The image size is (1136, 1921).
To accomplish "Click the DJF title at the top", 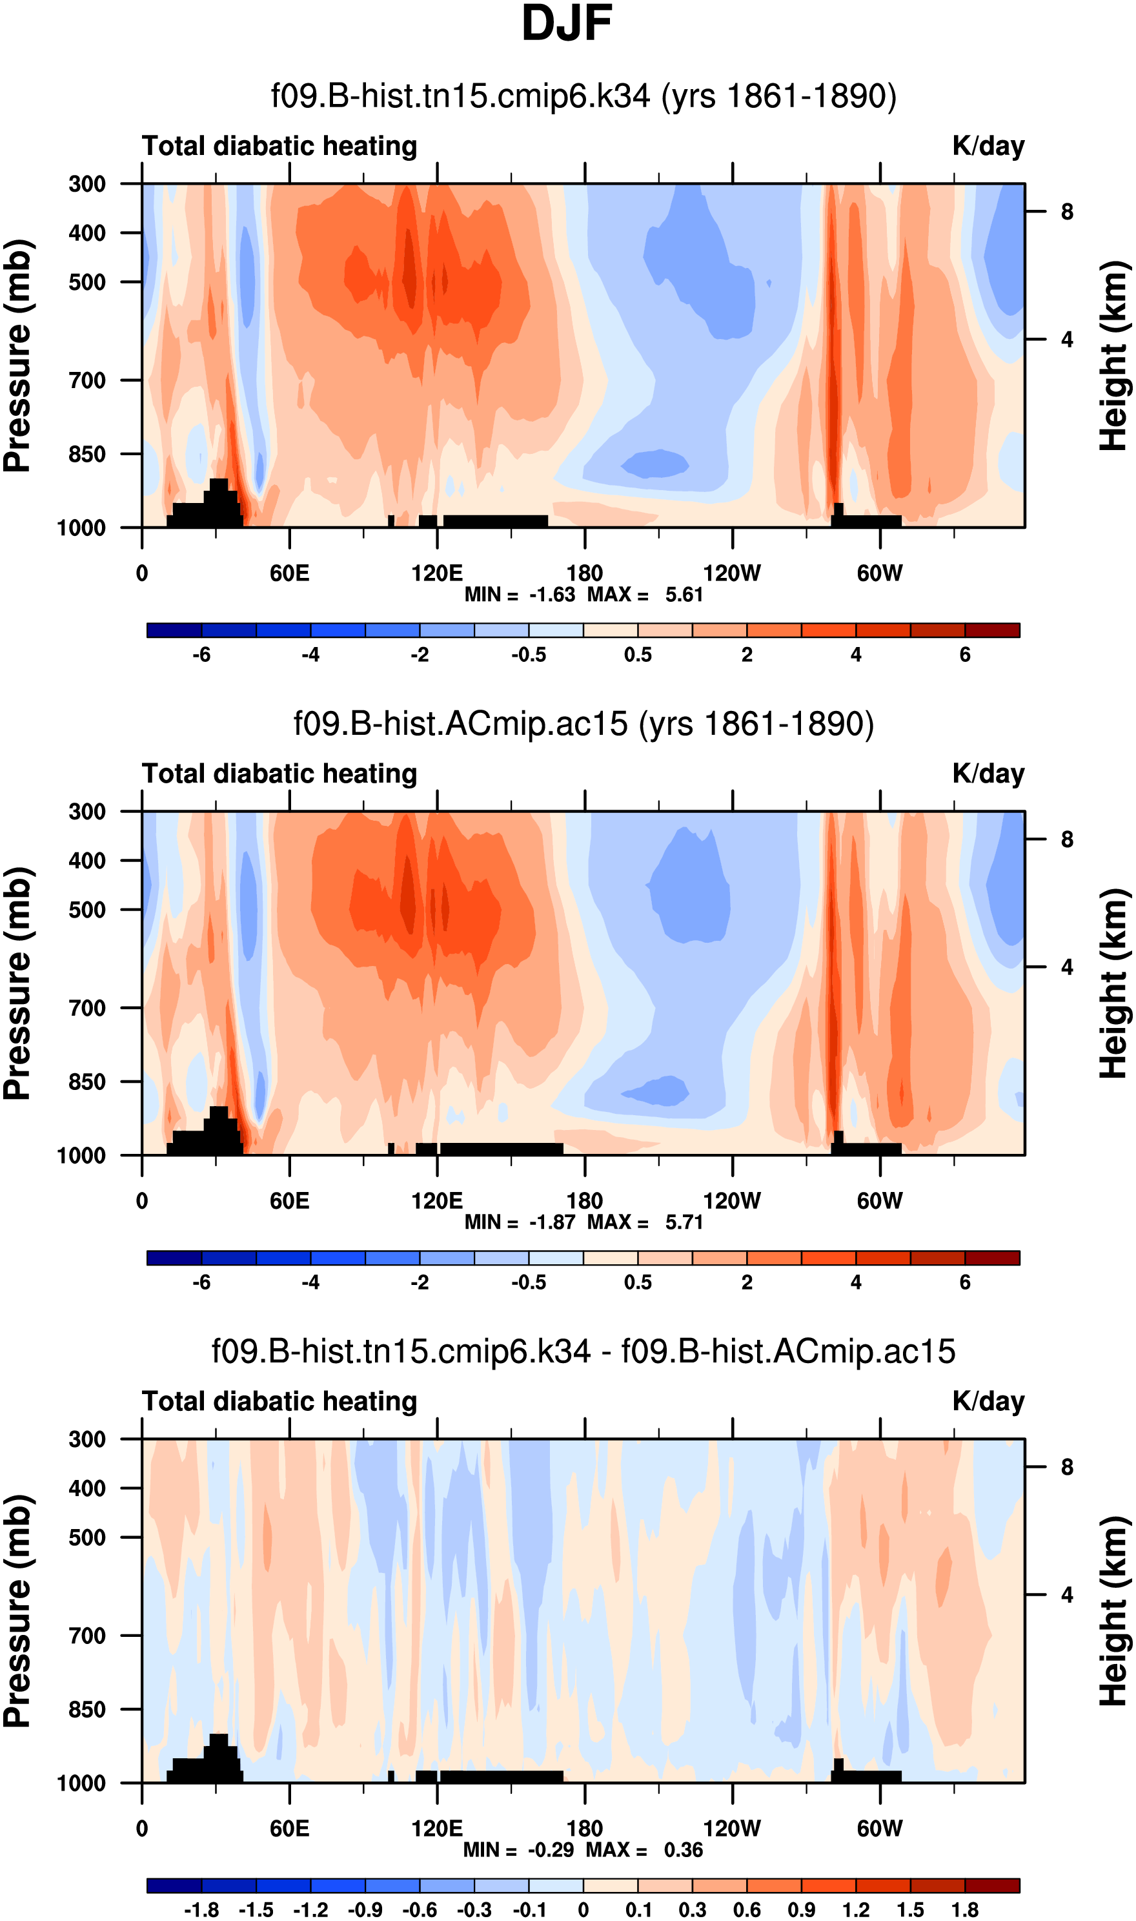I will [x=567, y=25].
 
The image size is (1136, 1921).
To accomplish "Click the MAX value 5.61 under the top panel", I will [x=684, y=595].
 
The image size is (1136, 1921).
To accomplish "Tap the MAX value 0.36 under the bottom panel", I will [x=684, y=1850].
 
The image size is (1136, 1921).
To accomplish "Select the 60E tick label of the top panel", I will [x=289, y=573].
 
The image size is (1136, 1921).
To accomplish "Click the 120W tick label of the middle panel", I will [x=732, y=1200].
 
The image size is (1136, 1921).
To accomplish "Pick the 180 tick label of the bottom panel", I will [x=585, y=1829].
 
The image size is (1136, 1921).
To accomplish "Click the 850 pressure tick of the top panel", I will [x=86, y=454].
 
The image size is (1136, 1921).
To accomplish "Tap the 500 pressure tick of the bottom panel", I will [x=86, y=1537].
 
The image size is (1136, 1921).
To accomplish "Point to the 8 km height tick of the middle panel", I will [x=1067, y=840].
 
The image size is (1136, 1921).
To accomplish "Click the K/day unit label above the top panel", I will [x=988, y=146].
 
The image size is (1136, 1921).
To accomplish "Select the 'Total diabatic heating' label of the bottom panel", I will [x=279, y=1401].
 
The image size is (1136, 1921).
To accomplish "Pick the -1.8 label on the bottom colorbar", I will [x=201, y=1910].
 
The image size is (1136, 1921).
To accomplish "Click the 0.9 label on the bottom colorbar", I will [x=801, y=1910].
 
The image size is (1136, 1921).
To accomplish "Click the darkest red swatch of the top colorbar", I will [x=992, y=630].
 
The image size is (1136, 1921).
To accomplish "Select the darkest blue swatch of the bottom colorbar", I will [x=174, y=1885].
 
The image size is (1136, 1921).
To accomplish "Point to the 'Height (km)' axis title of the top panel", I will [x=1115, y=356].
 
